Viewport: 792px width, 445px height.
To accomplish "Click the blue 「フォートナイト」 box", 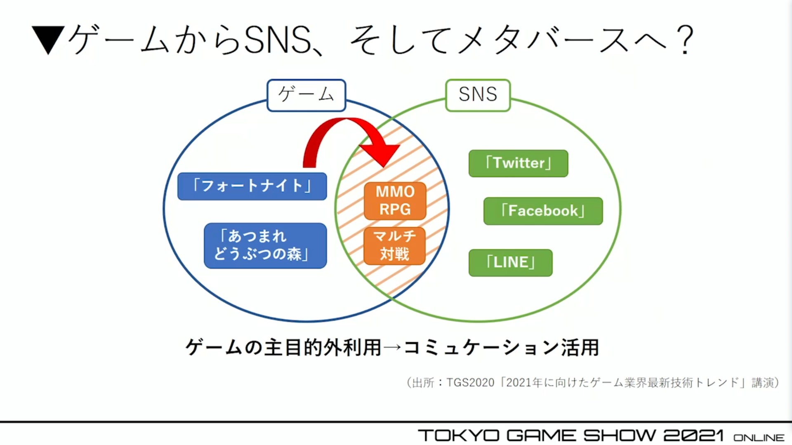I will pyautogui.click(x=252, y=186).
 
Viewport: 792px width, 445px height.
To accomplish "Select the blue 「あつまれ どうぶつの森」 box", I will pyautogui.click(x=265, y=245).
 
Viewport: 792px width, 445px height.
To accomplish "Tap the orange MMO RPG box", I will pyautogui.click(x=395, y=201).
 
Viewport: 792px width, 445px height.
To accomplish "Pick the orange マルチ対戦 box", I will pyautogui.click(x=394, y=246).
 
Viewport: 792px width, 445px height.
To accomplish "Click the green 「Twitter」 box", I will pyautogui.click(x=518, y=163).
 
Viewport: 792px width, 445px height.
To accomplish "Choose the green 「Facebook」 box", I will pyautogui.click(x=543, y=211).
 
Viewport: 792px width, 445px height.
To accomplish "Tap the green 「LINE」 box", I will pyautogui.click(x=510, y=263).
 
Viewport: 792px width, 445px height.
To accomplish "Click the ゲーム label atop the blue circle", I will pyautogui.click(x=306, y=95).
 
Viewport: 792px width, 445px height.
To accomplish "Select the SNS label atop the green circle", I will pyautogui.click(x=478, y=95).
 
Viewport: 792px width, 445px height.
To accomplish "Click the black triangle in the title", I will pyautogui.click(x=48, y=40).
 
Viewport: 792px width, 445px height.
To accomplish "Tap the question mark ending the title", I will pyautogui.click(x=685, y=40).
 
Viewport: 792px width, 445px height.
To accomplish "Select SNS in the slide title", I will pyautogui.click(x=277, y=40).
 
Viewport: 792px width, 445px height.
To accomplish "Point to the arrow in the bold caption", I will pyautogui.click(x=392, y=347).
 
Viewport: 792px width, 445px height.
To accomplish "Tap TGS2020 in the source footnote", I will pyautogui.click(x=470, y=383).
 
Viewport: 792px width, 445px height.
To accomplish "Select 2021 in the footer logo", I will pyautogui.click(x=693, y=436).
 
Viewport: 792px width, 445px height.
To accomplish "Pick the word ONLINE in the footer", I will pyautogui.click(x=759, y=437).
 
